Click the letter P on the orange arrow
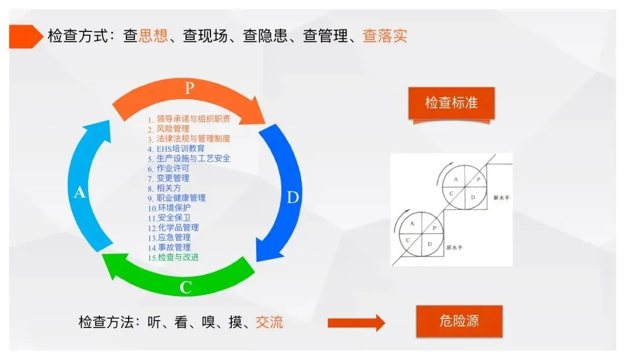(x=189, y=88)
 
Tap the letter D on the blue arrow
(x=293, y=198)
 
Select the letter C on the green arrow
(x=185, y=288)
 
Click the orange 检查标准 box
(x=451, y=103)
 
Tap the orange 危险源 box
(x=459, y=321)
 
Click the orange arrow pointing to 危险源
(x=356, y=322)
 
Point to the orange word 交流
(x=270, y=322)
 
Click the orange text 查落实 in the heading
(x=385, y=36)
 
